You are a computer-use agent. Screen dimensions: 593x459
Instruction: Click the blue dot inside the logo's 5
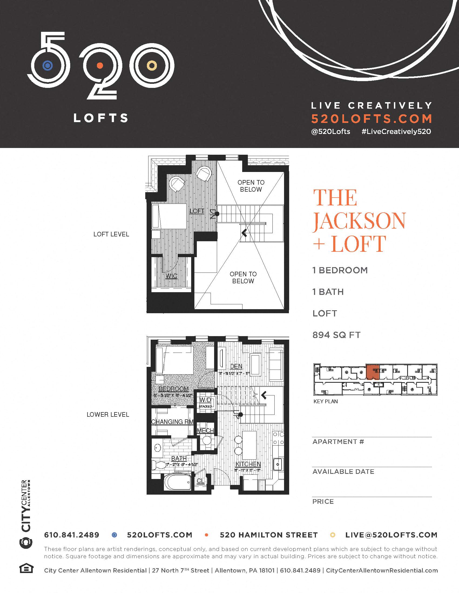(x=48, y=65)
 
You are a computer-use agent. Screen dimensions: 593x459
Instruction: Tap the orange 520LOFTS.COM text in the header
(x=372, y=119)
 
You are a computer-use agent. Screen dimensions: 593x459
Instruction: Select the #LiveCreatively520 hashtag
(x=396, y=132)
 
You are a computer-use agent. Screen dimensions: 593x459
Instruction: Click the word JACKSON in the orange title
(x=359, y=221)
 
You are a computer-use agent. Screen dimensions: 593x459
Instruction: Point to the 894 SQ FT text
(x=336, y=335)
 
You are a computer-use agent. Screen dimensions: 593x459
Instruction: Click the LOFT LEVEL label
(x=111, y=234)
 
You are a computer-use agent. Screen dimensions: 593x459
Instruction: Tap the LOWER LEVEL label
(x=108, y=415)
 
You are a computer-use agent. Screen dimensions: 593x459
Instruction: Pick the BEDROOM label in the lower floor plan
(x=173, y=389)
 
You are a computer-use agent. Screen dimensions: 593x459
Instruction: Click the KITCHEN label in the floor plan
(x=248, y=464)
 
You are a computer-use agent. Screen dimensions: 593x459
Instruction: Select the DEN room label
(x=236, y=366)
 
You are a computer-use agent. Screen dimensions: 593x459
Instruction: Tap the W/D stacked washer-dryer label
(x=205, y=400)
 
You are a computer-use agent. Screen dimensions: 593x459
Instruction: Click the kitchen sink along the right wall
(x=278, y=465)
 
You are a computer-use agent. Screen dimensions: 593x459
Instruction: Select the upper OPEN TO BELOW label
(x=251, y=186)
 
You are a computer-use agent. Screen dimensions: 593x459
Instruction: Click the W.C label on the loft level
(x=171, y=276)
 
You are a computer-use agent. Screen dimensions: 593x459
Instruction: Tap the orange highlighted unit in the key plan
(x=373, y=372)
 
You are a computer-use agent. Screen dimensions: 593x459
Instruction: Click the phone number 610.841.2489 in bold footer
(x=72, y=535)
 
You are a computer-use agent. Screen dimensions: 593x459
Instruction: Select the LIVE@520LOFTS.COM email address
(x=391, y=535)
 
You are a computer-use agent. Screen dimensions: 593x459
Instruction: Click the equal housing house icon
(x=26, y=568)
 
